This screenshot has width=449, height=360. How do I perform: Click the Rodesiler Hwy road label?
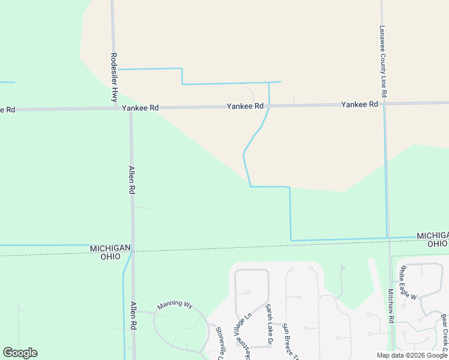point(114,77)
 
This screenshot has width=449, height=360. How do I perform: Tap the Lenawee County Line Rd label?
point(382,61)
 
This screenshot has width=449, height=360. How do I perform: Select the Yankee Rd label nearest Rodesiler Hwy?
point(140,108)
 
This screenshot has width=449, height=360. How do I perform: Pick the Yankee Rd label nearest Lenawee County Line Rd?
point(360,104)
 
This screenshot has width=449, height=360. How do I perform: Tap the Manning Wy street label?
point(175,305)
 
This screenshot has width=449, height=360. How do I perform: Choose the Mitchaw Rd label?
point(390,306)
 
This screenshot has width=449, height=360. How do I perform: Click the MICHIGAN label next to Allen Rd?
point(110,248)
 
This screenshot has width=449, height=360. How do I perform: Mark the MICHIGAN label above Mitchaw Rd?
point(432,235)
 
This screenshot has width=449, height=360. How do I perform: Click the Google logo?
point(20,353)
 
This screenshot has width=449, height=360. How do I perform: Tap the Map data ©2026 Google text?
point(412,355)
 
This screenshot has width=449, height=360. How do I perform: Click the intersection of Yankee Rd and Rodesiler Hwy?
point(117,109)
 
